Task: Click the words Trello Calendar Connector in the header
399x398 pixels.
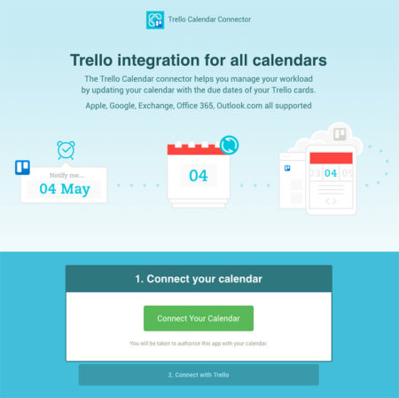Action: tap(210, 20)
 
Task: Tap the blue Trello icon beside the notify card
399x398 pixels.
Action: tap(22, 167)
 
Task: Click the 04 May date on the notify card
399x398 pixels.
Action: tap(65, 188)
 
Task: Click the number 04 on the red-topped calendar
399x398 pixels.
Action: tap(198, 175)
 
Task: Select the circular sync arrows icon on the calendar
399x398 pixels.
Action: tap(229, 144)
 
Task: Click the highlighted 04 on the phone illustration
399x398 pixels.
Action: tap(330, 172)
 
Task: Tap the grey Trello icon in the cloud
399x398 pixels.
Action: tap(339, 135)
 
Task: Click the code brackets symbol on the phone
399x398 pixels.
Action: tap(330, 201)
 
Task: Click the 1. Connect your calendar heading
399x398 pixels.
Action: tap(199, 279)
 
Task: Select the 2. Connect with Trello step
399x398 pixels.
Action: tap(199, 374)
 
